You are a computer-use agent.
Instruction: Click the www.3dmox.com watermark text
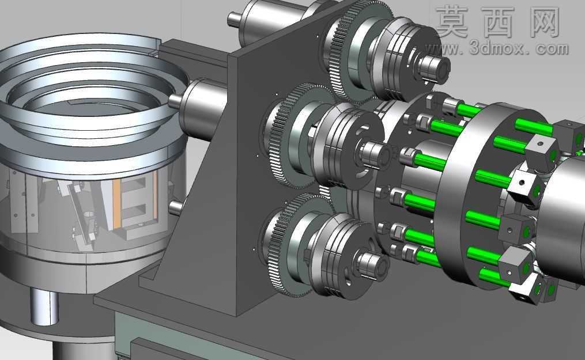click(497, 48)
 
